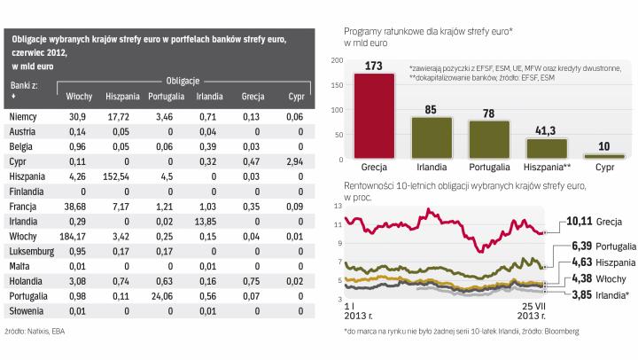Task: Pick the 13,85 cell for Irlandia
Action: [206, 221]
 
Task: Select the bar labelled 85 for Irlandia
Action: [432, 137]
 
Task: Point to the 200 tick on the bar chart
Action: [338, 59]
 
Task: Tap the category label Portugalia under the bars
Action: [488, 166]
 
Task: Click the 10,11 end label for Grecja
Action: [580, 220]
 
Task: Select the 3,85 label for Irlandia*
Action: [579, 293]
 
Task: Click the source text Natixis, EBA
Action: [39, 331]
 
